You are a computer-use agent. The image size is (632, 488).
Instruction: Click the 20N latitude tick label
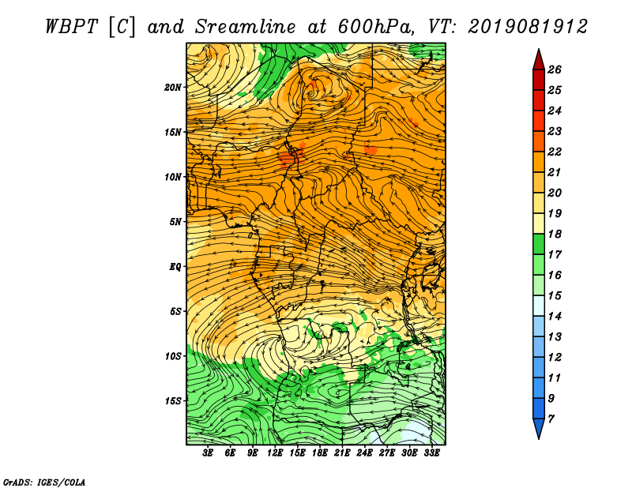click(x=173, y=87)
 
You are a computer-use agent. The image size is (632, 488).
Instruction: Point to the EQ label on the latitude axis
click(x=175, y=266)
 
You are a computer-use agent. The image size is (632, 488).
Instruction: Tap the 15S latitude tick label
click(x=173, y=401)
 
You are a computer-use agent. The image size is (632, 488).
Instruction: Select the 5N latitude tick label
click(x=175, y=222)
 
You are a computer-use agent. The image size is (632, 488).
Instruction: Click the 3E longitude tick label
click(x=208, y=453)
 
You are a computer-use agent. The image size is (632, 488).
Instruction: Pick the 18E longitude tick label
click(x=320, y=453)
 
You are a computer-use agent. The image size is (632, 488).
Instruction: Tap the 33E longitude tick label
click(x=431, y=453)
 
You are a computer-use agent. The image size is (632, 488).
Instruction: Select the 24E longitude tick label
click(x=364, y=453)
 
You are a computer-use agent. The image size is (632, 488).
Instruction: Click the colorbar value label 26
click(x=555, y=69)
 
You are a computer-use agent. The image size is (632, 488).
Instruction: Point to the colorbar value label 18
click(x=555, y=234)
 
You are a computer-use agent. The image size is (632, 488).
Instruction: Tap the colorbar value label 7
click(x=551, y=419)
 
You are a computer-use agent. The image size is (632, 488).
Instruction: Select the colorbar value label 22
click(x=555, y=152)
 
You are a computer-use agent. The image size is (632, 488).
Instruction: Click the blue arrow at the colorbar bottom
click(x=539, y=428)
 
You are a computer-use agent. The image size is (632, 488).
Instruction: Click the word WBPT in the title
click(x=72, y=27)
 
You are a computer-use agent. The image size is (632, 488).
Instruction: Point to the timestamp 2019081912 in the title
click(x=528, y=27)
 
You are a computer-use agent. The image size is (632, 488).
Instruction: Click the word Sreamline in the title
click(x=246, y=27)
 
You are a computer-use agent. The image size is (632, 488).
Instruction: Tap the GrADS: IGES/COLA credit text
click(x=44, y=482)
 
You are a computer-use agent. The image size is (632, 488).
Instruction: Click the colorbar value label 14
click(x=555, y=317)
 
